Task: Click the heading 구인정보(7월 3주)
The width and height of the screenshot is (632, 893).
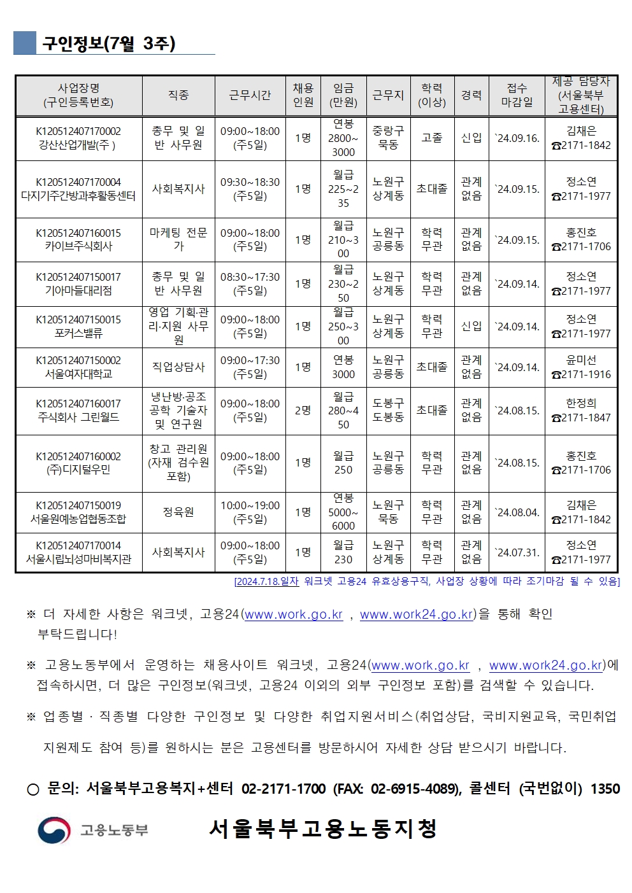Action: click(108, 43)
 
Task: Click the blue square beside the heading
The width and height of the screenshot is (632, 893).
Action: click(25, 43)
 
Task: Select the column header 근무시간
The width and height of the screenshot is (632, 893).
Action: click(250, 95)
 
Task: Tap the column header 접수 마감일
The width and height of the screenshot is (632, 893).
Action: click(517, 95)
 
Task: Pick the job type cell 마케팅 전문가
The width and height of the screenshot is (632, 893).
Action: click(178, 239)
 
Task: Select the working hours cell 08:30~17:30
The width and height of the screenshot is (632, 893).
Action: click(250, 284)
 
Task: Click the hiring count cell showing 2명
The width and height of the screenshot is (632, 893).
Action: click(303, 411)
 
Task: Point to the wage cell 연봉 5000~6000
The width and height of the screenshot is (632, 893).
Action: click(343, 512)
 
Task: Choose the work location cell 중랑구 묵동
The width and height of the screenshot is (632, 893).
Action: click(388, 138)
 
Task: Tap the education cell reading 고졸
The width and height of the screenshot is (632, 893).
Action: click(431, 138)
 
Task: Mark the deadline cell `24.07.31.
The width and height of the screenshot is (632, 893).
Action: click(517, 552)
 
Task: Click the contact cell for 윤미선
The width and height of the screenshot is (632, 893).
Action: click(581, 367)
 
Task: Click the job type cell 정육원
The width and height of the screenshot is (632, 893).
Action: click(178, 512)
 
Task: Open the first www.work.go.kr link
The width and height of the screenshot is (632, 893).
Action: click(294, 615)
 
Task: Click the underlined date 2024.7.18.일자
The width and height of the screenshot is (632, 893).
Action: click(266, 581)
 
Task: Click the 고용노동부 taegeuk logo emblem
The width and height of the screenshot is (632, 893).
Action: click(54, 829)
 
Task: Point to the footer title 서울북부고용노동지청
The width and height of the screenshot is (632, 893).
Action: click(322, 829)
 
